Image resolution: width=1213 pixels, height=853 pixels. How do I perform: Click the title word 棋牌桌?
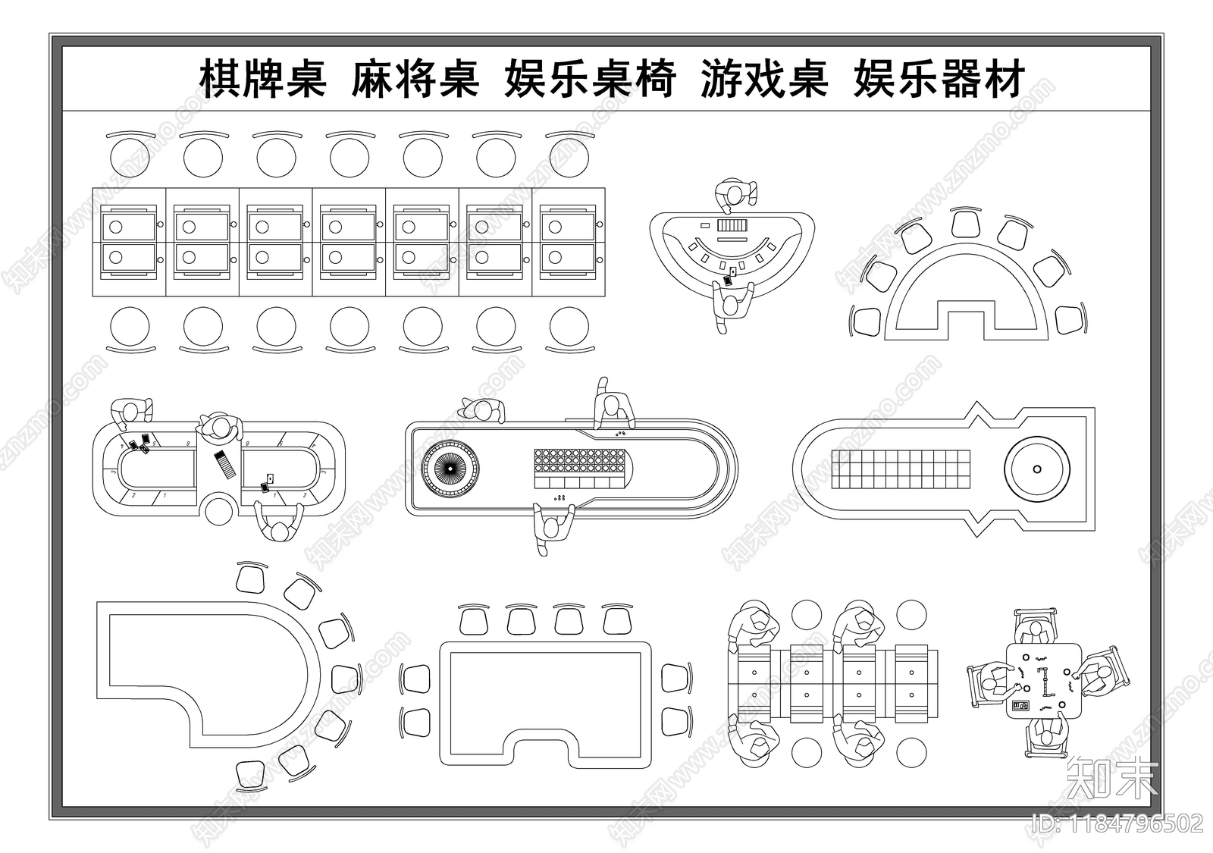[x=262, y=79]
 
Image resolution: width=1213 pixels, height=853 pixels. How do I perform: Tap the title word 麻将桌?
[x=415, y=79]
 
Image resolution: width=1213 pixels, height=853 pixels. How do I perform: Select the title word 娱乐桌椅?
[x=589, y=79]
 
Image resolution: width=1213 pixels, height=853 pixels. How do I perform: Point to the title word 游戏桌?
[x=763, y=79]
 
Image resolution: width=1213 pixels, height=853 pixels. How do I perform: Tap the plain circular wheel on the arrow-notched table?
[x=1036, y=468]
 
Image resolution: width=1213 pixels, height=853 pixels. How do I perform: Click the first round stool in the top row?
[x=130, y=158]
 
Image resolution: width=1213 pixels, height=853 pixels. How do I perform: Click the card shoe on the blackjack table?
[x=733, y=225]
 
